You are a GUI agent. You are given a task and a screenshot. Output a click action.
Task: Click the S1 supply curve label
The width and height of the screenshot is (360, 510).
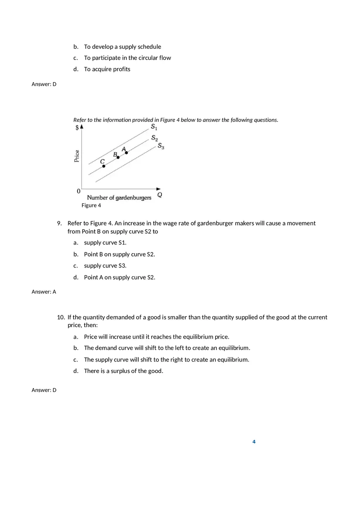[154, 127]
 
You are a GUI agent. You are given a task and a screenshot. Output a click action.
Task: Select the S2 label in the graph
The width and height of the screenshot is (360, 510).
[154, 138]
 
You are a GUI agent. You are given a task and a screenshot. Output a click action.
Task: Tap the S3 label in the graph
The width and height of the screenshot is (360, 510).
[161, 146]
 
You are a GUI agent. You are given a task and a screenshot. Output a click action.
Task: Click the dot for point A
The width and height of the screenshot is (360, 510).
[126, 153]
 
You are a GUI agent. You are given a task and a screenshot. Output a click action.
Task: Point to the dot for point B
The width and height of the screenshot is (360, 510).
[118, 157]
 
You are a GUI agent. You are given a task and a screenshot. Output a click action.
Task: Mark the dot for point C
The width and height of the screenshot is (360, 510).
[103, 166]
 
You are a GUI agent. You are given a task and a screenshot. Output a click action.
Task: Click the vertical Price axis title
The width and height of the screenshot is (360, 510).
[77, 156]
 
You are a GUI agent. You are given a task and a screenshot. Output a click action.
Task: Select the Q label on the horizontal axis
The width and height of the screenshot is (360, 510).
[160, 195]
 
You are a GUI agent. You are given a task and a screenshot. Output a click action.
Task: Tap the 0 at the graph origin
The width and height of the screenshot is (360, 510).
[79, 191]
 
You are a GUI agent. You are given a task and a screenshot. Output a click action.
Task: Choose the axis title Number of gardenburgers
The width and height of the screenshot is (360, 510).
[119, 198]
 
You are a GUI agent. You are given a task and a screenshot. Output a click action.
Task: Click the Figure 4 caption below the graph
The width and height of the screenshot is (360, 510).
[91, 205]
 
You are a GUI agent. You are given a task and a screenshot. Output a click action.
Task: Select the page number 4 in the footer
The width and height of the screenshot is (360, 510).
[254, 442]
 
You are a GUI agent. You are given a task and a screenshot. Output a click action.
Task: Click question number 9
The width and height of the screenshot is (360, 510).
[59, 223]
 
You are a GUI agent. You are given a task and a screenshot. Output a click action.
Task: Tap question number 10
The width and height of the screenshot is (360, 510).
[61, 317]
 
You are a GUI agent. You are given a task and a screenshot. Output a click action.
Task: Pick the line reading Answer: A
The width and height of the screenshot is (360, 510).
[44, 292]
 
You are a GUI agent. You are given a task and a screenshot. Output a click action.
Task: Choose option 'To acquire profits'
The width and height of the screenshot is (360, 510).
[107, 69]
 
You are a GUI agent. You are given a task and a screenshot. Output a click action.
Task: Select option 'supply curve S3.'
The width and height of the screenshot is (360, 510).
[105, 266]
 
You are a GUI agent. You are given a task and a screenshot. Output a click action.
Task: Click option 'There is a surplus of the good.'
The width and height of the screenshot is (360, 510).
[124, 371]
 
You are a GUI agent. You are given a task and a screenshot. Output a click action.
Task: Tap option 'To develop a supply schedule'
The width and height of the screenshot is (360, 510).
[123, 47]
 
